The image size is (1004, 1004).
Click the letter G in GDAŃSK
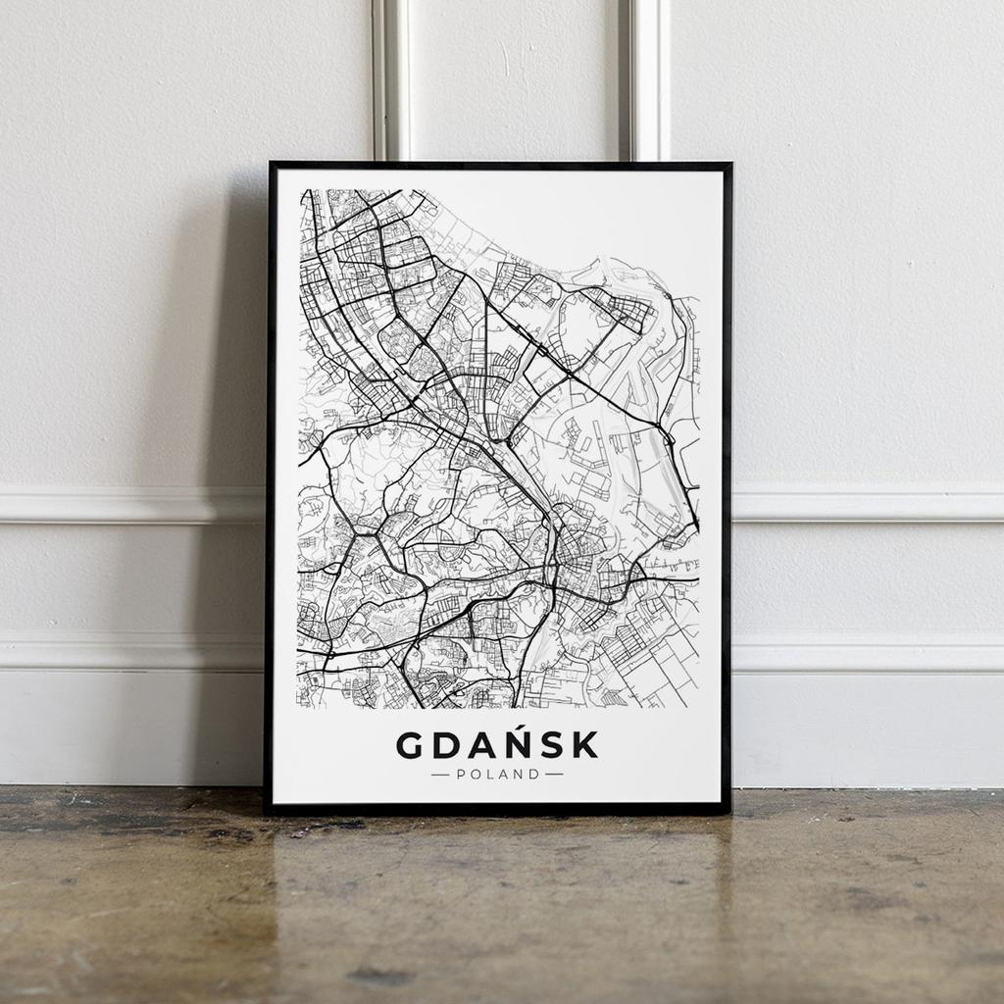412,745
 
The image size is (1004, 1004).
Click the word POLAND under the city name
498,774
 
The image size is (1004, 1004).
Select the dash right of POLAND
555,774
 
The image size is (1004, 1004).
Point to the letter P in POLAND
462,774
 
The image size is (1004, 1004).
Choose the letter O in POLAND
475,774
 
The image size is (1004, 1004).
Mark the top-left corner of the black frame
271,165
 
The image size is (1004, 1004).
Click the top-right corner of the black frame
729,165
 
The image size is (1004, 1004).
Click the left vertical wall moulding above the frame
391,78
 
